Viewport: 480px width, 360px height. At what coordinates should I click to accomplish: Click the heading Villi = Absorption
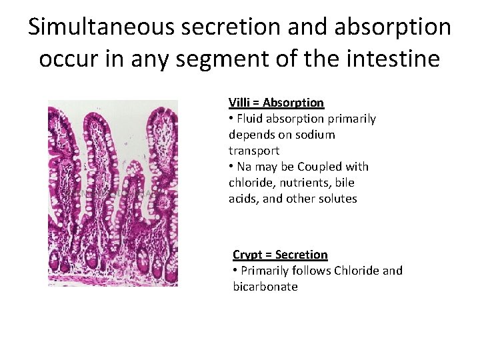click(276, 103)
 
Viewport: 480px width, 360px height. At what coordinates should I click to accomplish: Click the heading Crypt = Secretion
click(280, 255)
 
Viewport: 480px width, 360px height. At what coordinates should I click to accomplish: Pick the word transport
click(254, 151)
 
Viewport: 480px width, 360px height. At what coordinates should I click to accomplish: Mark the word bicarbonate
click(265, 287)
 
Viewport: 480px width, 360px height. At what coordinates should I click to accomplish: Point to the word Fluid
click(250, 119)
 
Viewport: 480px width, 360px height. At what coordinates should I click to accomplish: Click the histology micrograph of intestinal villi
click(113, 193)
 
